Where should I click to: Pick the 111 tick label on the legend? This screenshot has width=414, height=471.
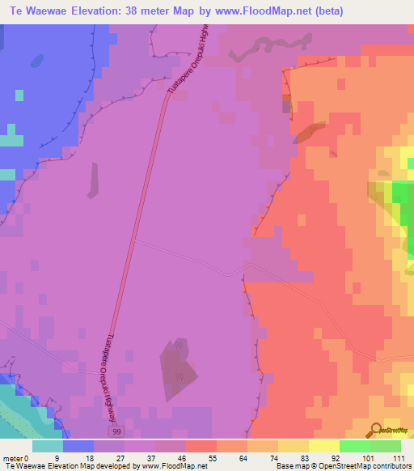click(399, 459)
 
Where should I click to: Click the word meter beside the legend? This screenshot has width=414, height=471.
click(12, 459)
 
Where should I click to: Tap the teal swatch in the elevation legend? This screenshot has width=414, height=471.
click(47, 446)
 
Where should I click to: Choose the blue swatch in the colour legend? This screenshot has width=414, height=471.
click(78, 446)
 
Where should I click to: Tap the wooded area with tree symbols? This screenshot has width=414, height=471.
click(180, 368)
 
